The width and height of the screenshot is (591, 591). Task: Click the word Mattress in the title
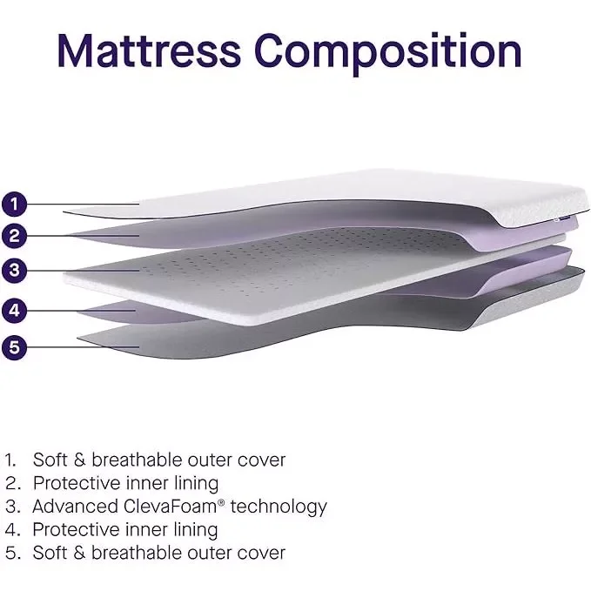[149, 50]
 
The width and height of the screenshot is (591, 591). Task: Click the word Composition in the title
[388, 53]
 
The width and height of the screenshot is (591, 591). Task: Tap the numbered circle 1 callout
[14, 205]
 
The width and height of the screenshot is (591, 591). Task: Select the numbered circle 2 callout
[14, 236]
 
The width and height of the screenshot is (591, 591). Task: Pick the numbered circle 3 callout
[14, 270]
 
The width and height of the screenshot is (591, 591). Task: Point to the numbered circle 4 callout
[14, 311]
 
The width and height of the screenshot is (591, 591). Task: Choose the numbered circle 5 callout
[14, 347]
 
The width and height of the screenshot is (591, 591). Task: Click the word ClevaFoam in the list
[170, 507]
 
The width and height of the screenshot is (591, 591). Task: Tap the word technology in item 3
[279, 507]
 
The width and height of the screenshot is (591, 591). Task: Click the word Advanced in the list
[76, 507]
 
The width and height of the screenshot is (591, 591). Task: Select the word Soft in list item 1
[50, 460]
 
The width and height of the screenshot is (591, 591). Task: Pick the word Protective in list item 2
[77, 483]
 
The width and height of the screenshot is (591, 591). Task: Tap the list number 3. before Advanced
[13, 507]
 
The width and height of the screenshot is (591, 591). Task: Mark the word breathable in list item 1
[137, 460]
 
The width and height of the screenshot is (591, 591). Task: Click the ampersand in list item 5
[79, 553]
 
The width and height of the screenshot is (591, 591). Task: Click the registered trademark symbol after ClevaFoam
[221, 502]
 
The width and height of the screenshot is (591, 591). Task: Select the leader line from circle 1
[84, 205]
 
